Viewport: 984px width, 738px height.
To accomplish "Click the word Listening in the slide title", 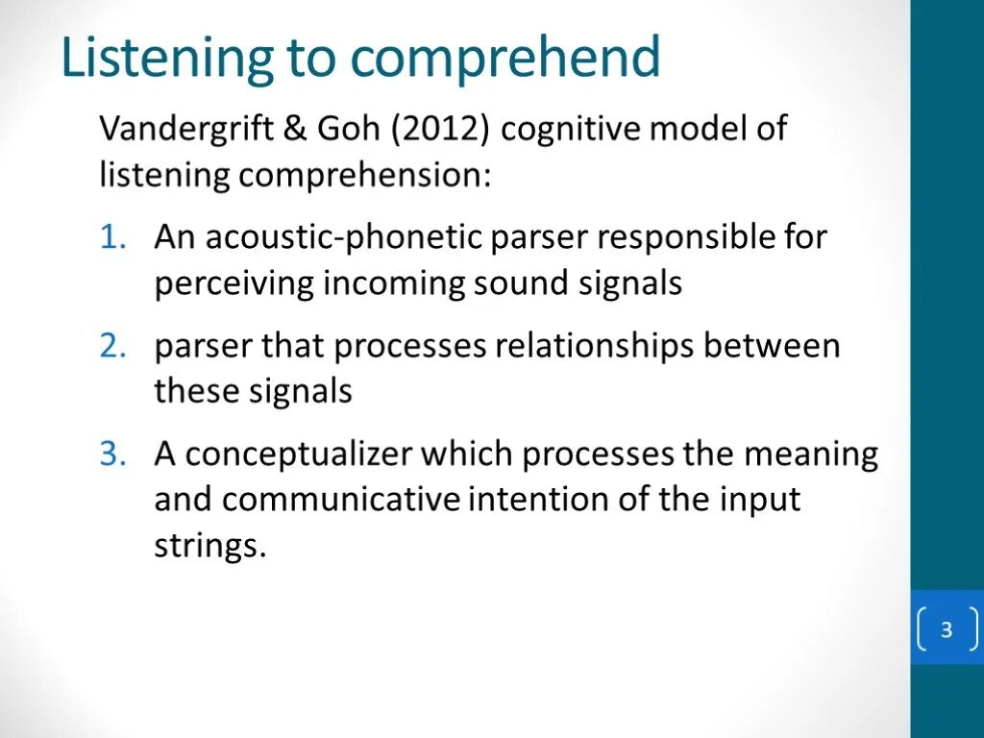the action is point(166,59).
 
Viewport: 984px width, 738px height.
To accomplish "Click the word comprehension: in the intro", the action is point(364,176).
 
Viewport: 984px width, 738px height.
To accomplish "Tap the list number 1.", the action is point(112,237).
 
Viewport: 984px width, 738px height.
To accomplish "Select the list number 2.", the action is point(112,346).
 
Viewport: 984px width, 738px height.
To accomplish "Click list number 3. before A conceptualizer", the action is point(112,455).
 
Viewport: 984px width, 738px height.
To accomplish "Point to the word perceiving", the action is point(234,283).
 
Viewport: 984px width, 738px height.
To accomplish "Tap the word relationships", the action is point(594,346).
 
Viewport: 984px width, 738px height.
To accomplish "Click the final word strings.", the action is point(209,547).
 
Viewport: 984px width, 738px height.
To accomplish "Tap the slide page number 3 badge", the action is point(947,630).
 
